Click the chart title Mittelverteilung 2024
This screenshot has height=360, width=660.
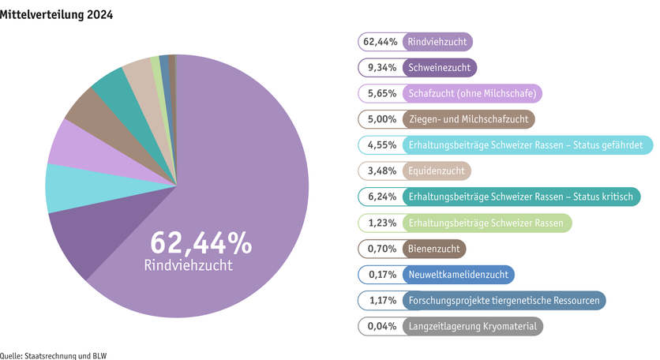pos(57,14)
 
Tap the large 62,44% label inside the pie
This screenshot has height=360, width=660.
pos(201,243)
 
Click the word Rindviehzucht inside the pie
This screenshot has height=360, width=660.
pos(189,265)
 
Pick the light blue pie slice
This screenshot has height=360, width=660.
pos(63,188)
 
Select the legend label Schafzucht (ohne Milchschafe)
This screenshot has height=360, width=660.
pos(472,94)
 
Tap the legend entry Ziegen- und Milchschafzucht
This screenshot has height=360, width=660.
pos(469,119)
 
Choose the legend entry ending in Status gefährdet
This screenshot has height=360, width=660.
pos(527,145)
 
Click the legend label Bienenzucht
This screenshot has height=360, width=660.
pos(434,249)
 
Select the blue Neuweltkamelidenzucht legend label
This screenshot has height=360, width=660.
pos(459,274)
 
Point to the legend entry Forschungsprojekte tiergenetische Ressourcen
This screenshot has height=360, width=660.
pos(504,300)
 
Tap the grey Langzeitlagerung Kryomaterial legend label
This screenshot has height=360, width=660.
pos(473,326)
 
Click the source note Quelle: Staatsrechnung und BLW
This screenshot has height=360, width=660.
pos(53,355)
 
